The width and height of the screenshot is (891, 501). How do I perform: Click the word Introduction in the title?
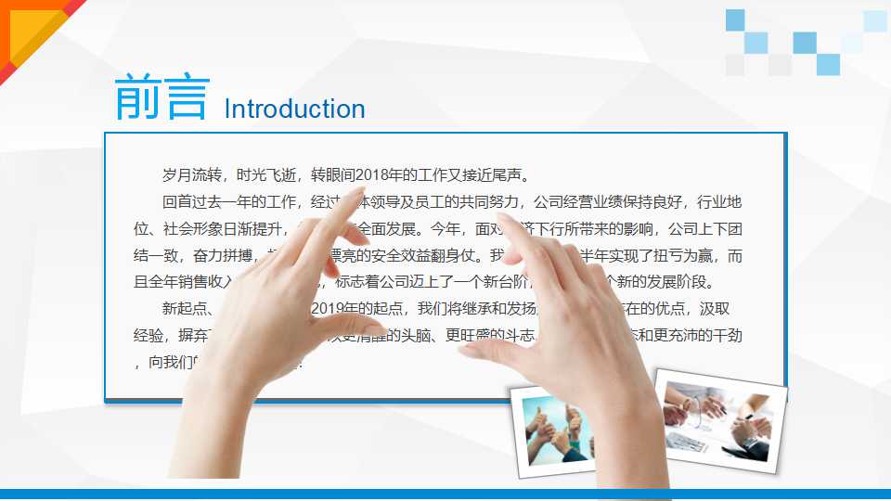(294, 109)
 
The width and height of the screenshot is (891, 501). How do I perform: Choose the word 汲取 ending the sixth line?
(723, 309)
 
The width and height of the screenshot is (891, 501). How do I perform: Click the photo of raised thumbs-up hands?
(556, 430)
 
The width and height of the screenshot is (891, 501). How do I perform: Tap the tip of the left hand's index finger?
(357, 203)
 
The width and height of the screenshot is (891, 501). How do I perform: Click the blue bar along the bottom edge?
(445, 495)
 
